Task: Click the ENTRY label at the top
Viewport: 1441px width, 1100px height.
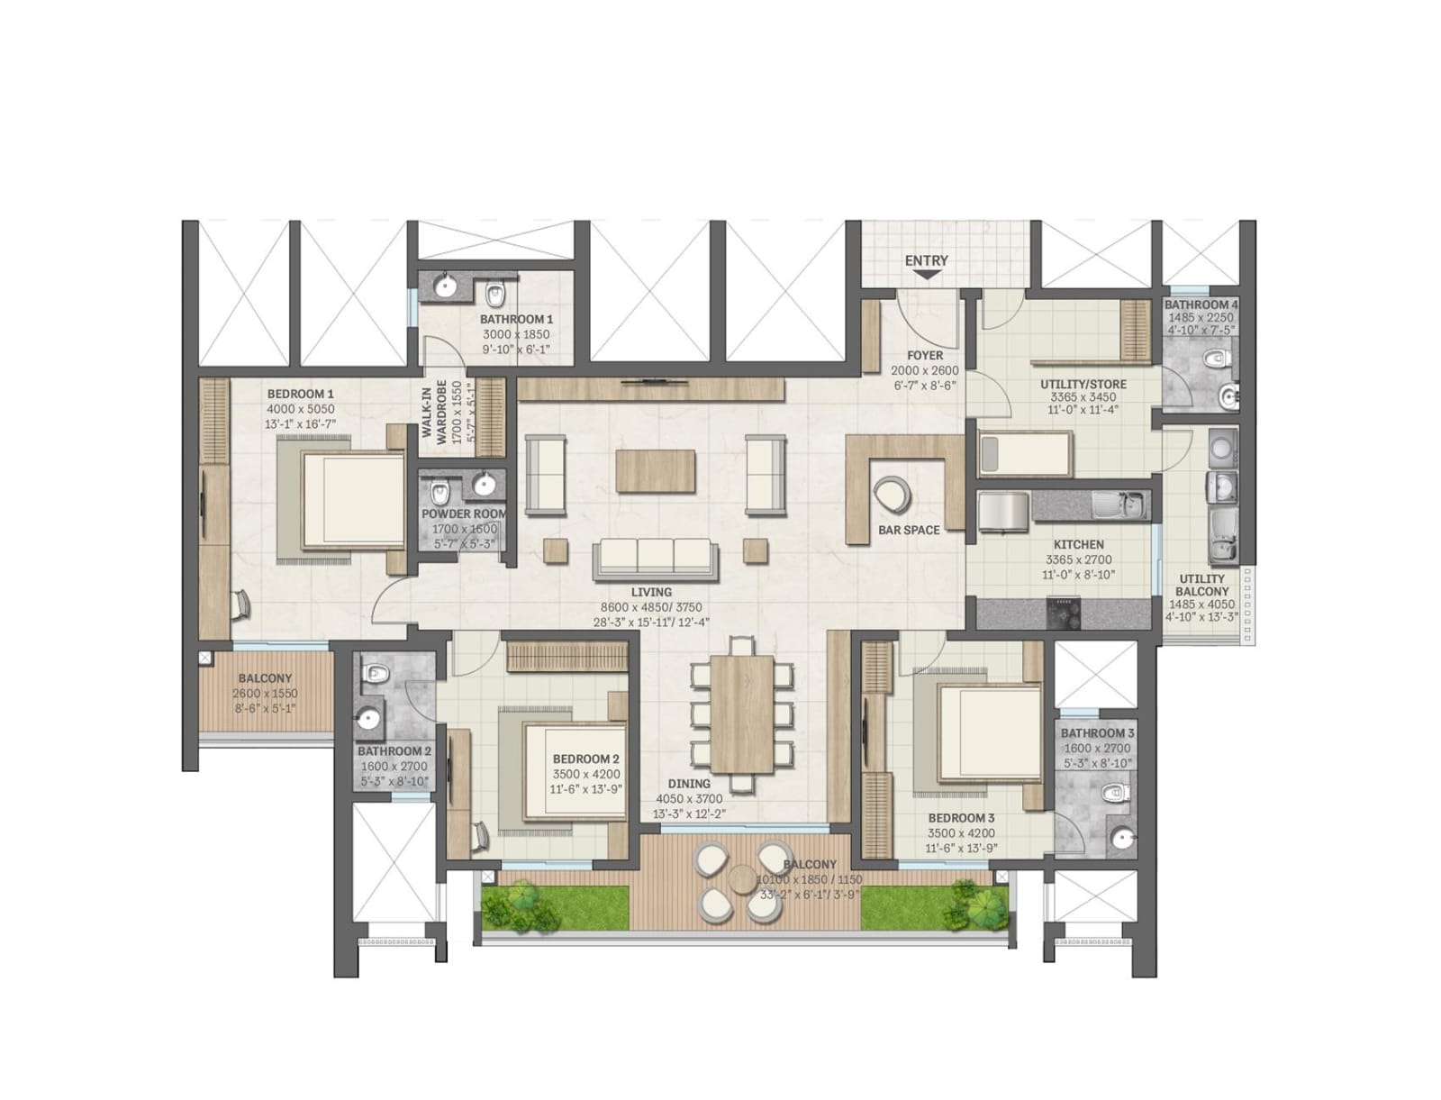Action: coord(926,260)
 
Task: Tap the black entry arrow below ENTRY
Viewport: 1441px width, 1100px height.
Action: coord(926,276)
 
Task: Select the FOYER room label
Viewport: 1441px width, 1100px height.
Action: coord(924,356)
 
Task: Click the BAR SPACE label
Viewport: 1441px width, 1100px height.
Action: coord(909,530)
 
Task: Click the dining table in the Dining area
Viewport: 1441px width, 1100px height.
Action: coord(742,713)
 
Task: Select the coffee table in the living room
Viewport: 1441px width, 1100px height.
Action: coord(656,470)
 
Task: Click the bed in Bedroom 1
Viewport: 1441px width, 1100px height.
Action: coord(352,500)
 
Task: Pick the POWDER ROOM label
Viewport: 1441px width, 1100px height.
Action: coord(464,514)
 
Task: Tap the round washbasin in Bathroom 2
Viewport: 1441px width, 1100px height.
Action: coord(367,718)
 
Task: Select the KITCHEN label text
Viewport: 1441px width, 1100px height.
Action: coord(1078,545)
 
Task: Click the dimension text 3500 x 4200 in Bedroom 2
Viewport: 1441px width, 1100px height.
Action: coord(585,775)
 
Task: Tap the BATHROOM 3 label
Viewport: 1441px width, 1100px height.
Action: coord(1097,733)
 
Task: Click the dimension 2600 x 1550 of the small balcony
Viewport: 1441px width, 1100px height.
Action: coord(265,694)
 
